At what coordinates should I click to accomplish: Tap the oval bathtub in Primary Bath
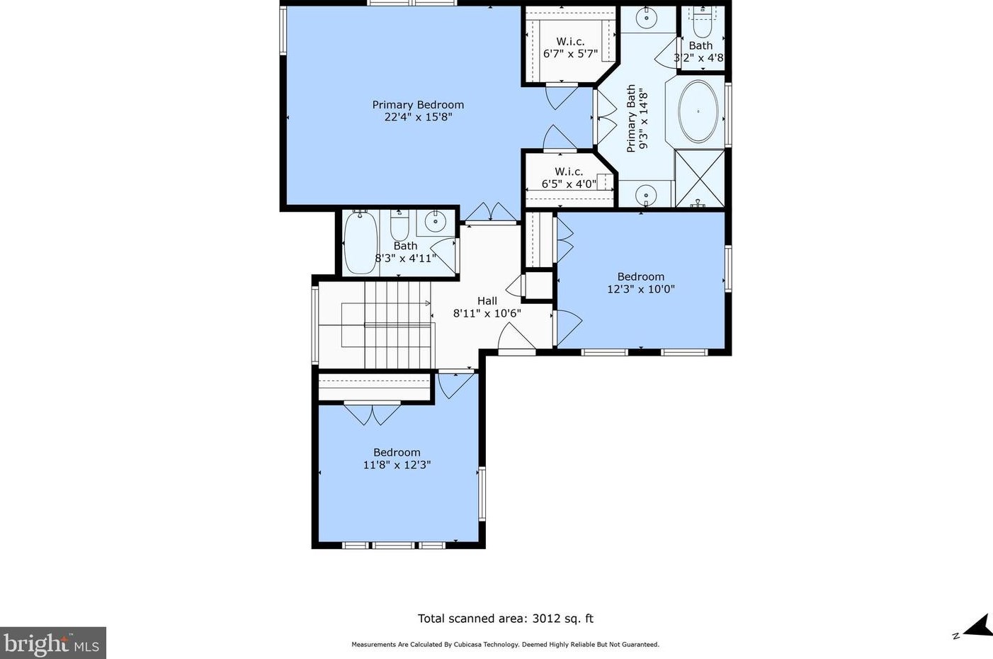click(x=698, y=112)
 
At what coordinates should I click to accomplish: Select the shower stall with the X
click(x=700, y=179)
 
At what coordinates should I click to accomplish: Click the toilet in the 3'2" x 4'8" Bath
click(x=702, y=23)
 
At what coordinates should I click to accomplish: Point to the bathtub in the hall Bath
click(x=361, y=242)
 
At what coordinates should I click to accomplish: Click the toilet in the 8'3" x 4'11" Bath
click(x=399, y=225)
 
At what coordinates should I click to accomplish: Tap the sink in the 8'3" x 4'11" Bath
click(x=436, y=221)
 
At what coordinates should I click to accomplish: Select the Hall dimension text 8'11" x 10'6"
click(x=487, y=313)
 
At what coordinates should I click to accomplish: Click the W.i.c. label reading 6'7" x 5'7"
click(x=571, y=48)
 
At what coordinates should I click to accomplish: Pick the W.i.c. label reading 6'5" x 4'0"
click(x=569, y=177)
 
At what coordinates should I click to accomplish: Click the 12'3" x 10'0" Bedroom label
click(x=640, y=283)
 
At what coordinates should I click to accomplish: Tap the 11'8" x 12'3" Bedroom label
click(x=397, y=458)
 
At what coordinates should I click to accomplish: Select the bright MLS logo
click(x=52, y=643)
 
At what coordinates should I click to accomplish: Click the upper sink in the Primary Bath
click(x=647, y=18)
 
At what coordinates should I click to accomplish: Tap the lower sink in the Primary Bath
click(x=646, y=195)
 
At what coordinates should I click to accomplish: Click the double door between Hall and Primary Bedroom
click(x=491, y=213)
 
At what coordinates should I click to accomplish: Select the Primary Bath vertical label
click(x=637, y=119)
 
